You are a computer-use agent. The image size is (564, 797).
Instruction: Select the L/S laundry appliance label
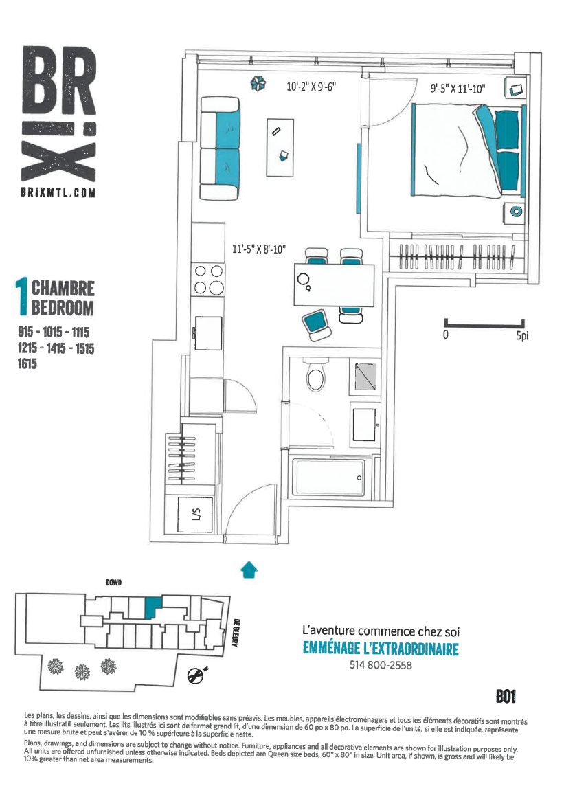pos(196,515)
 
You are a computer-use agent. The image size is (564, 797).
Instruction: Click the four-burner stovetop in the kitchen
pos(208,280)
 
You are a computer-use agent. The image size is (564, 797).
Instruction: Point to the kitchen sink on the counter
pos(207,333)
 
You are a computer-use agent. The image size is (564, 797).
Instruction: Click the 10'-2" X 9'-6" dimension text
pos(311,87)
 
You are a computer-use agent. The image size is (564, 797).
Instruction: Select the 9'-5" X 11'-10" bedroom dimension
pos(458,89)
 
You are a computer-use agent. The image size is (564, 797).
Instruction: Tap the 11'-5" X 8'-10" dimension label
pos(259,249)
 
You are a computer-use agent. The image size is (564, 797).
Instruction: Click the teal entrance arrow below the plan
pos(249,570)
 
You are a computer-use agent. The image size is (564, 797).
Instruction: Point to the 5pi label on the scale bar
pos(522,336)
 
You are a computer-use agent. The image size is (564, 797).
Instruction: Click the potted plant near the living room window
pos(258,83)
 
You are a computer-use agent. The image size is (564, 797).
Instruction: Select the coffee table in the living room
pos(280,148)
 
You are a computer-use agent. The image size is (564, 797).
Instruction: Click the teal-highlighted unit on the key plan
pos(153,607)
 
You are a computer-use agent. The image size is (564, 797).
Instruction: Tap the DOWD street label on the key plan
pos(114,583)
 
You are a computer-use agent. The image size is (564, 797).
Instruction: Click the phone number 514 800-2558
pos(381,665)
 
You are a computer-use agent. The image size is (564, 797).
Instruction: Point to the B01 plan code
pos(506,697)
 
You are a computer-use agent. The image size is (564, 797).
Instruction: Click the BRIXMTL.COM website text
pos(58,192)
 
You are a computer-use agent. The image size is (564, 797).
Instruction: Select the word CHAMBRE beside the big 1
pos(63,288)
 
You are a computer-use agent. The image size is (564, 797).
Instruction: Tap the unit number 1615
pos(27,363)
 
